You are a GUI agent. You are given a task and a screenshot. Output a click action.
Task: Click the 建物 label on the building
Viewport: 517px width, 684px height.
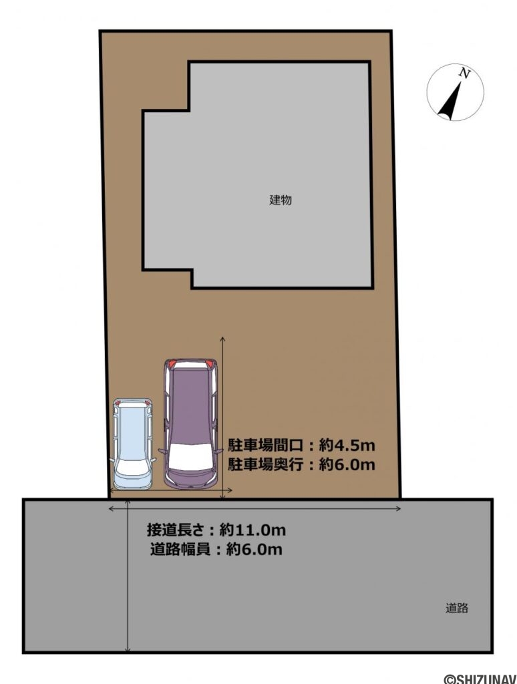[281, 200]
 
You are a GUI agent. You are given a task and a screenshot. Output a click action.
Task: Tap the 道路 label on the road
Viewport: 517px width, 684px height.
[458, 608]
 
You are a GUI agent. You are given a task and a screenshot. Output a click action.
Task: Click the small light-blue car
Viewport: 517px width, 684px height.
[133, 444]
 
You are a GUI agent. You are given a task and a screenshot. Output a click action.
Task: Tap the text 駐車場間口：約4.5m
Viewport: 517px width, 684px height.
[301, 446]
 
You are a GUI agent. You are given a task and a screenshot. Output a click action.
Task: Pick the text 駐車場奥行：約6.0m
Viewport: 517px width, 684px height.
[301, 465]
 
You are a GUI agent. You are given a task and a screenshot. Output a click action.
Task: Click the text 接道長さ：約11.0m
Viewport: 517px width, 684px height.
[216, 531]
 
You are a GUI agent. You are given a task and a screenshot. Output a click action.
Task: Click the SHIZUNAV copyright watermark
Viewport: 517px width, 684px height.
[480, 678]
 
